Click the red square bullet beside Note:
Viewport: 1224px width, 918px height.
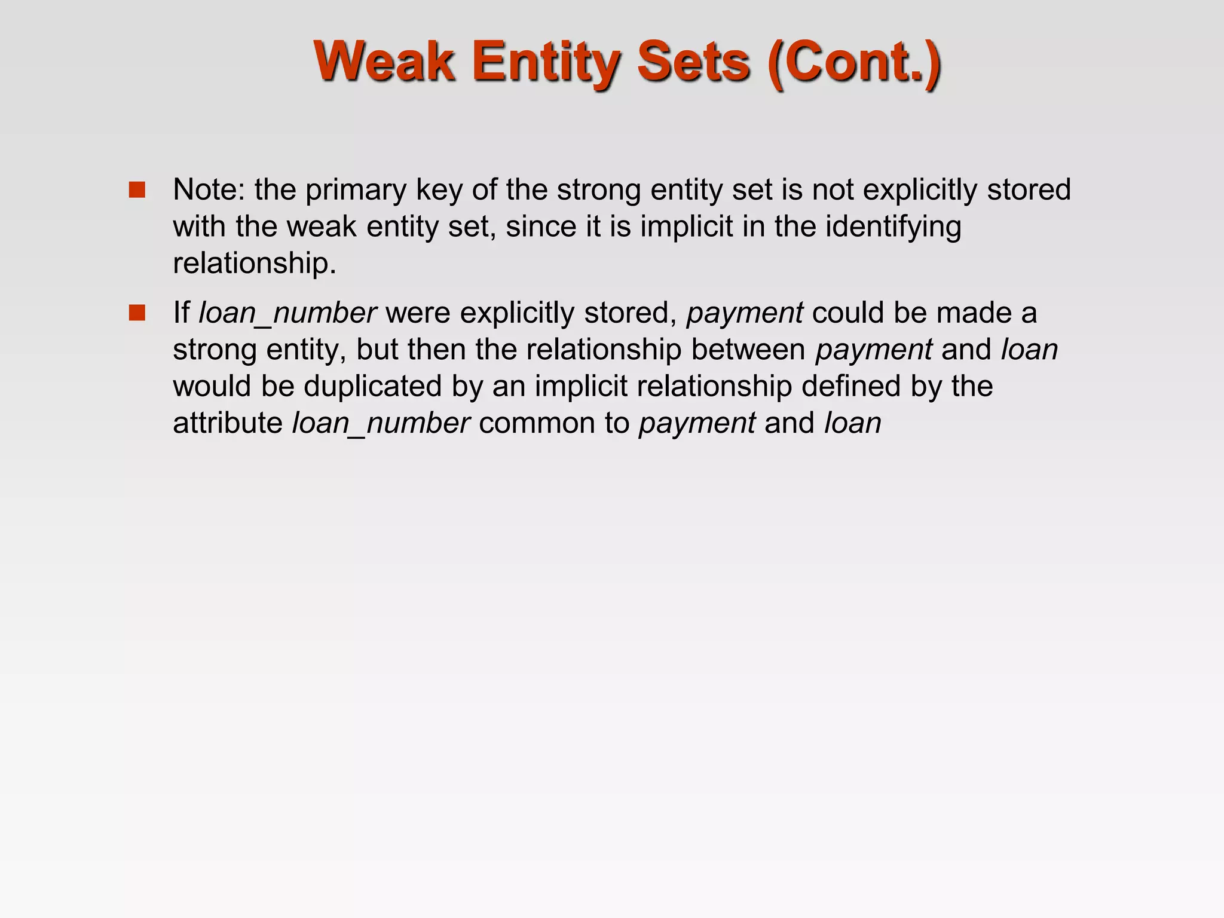137,190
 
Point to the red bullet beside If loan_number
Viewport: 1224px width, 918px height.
137,313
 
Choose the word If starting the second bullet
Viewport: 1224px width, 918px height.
180,313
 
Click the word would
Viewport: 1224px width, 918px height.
212,387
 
